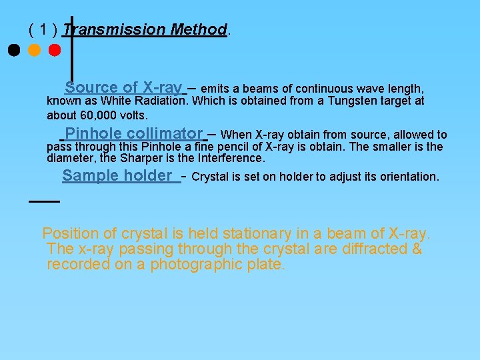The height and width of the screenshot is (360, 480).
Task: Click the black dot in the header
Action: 13,50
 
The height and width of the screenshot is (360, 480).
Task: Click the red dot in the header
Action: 55,50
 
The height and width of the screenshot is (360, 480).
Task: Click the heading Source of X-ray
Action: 123,87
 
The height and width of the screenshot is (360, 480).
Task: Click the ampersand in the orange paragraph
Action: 417,249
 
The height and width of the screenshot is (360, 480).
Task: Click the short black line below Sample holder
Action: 45,200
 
